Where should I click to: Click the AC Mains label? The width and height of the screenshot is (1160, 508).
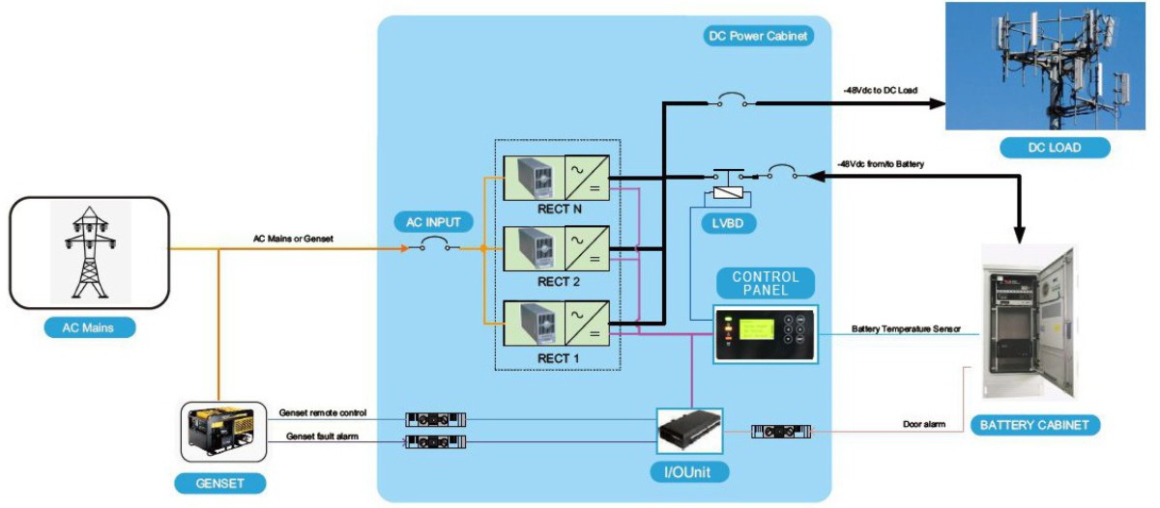pyautogui.click(x=89, y=327)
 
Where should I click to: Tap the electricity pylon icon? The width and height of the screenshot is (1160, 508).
pyautogui.click(x=90, y=251)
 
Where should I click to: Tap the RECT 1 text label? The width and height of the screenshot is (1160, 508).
pyautogui.click(x=557, y=359)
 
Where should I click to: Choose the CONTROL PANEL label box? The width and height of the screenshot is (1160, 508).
pyautogui.click(x=766, y=283)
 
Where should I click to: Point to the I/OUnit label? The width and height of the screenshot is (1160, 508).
pyautogui.click(x=688, y=473)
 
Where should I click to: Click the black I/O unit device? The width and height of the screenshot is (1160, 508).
pyautogui.click(x=687, y=429)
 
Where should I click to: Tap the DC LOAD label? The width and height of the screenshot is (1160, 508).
pyautogui.click(x=1055, y=148)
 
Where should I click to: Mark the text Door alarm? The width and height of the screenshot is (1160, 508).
pyautogui.click(x=925, y=424)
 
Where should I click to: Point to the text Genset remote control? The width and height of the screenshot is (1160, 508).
pyautogui.click(x=323, y=412)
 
